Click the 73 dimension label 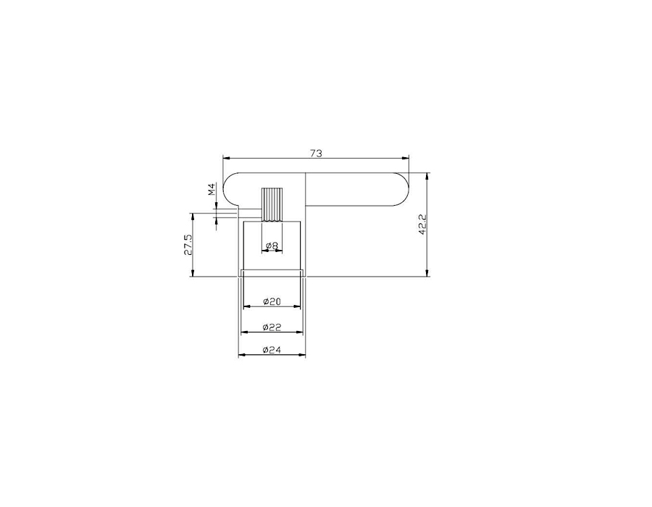coord(316,154)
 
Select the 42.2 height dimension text coord(422,225)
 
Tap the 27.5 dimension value coord(188,244)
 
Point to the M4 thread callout coord(212,190)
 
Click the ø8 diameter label coord(272,246)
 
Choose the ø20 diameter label coord(272,301)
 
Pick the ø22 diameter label coord(272,327)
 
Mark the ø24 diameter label coord(272,351)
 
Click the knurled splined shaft coord(272,205)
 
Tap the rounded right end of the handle coord(400,190)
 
